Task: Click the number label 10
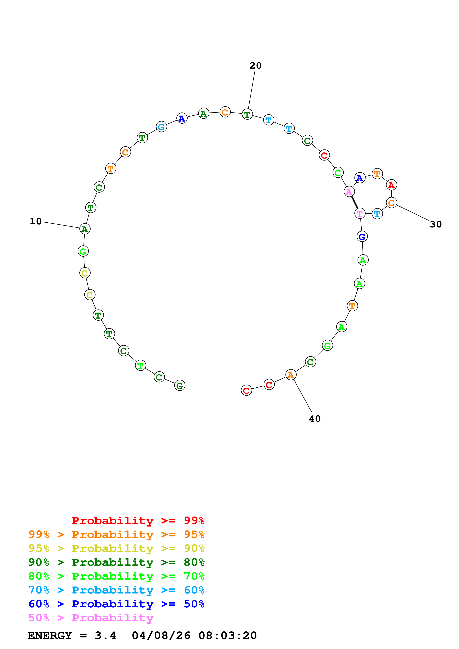[x=36, y=221]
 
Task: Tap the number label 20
[x=255, y=65]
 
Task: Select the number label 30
[x=435, y=224]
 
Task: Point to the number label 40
[x=315, y=419]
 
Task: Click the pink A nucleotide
[x=349, y=192]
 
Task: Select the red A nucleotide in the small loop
[x=391, y=185]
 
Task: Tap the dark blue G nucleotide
[x=362, y=237]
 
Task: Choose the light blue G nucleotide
[x=161, y=127]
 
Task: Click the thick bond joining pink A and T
[x=354, y=202]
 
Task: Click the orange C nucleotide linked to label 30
[x=391, y=202]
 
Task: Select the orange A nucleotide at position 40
[x=291, y=375]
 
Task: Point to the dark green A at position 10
[x=85, y=229]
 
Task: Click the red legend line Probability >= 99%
[x=138, y=520]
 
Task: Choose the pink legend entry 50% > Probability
[x=91, y=618]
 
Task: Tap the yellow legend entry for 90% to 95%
[x=116, y=548]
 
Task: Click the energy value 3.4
[x=105, y=635]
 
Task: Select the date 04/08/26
[x=161, y=635]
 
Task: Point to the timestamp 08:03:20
[x=228, y=635]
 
